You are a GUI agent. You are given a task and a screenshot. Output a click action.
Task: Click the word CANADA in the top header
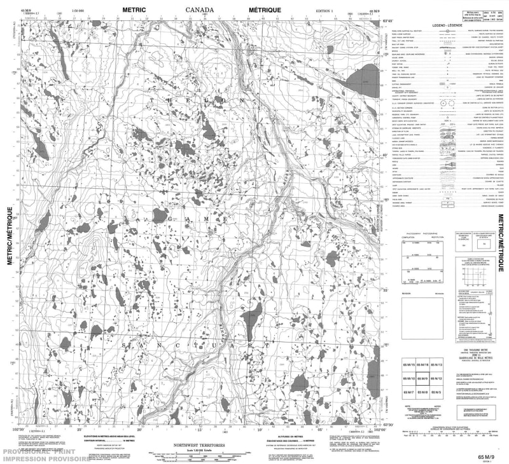[200, 11]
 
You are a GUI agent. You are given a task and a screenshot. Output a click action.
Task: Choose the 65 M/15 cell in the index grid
[408, 365]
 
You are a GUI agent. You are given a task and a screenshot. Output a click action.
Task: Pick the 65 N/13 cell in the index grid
[437, 365]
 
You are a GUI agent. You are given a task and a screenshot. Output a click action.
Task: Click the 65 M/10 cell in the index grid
[408, 379]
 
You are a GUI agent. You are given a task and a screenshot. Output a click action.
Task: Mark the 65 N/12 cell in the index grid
[437, 379]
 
